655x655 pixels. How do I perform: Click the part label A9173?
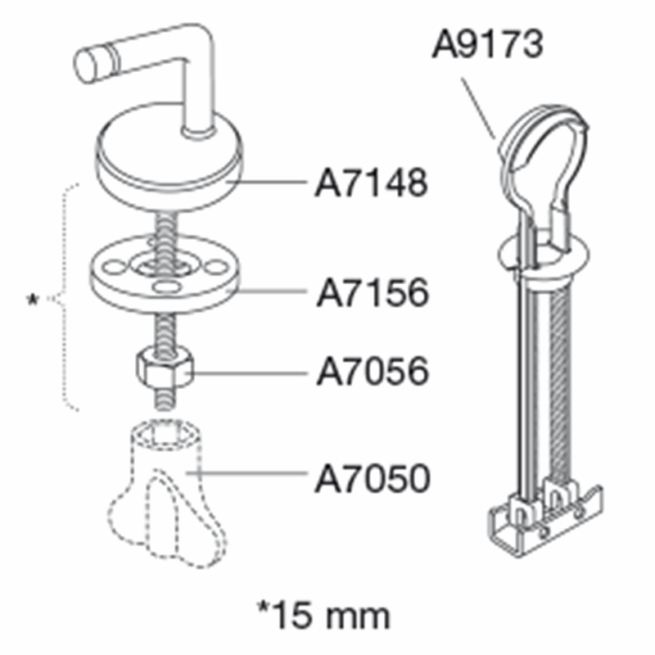(487, 44)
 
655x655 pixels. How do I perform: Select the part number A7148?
(372, 183)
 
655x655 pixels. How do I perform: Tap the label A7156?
(373, 292)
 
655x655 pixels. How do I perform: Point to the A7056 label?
(373, 371)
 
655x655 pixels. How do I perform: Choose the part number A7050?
(373, 478)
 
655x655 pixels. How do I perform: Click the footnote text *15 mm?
(323, 616)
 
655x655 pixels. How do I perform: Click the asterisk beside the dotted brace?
(32, 300)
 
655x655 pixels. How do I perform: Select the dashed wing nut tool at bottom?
(167, 493)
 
